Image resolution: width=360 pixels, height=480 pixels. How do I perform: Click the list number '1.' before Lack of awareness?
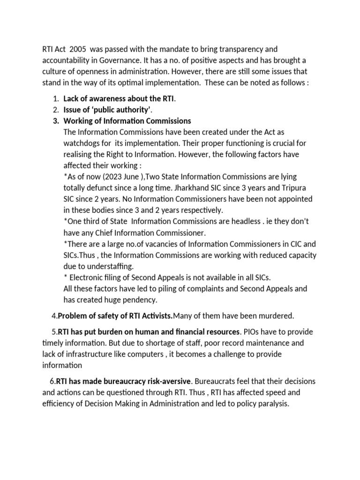[x=56, y=98]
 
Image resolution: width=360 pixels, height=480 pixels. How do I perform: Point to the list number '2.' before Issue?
[x=56, y=110]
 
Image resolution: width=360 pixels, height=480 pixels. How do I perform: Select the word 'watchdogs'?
[x=81, y=143]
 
